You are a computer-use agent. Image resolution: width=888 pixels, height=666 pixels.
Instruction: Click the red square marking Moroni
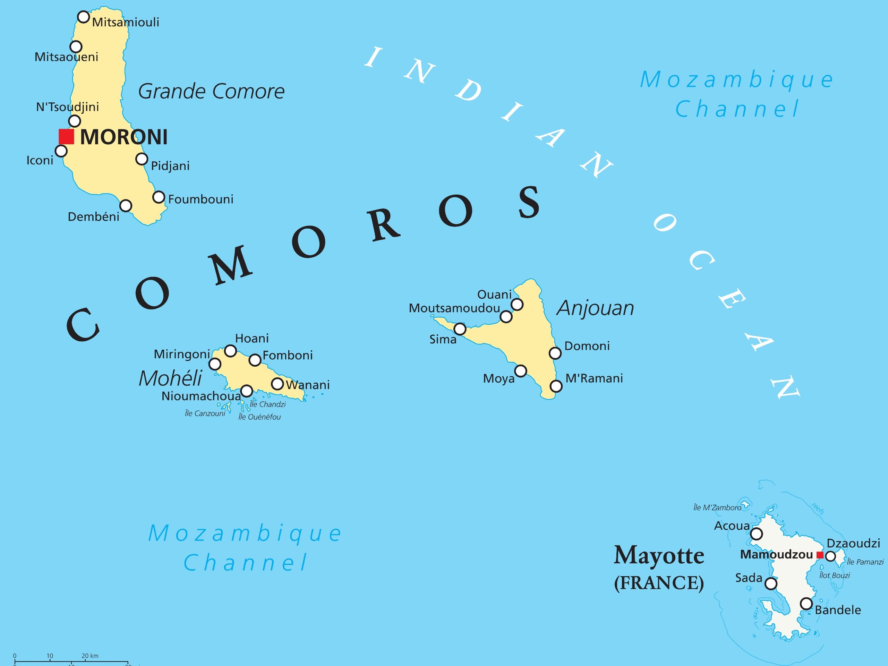66,136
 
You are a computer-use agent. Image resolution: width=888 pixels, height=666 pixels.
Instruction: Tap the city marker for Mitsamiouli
83,17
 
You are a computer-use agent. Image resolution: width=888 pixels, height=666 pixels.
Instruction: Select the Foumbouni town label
200,199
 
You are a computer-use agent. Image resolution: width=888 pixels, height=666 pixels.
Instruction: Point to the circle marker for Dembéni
126,206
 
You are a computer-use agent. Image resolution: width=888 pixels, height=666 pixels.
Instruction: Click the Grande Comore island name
211,92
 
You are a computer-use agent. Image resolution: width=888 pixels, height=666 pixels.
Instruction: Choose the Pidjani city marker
141,159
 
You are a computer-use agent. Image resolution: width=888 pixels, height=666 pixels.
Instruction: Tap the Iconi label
40,161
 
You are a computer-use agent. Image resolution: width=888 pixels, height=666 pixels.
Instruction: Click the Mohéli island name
170,378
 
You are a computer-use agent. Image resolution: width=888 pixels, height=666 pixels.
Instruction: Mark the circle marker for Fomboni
255,360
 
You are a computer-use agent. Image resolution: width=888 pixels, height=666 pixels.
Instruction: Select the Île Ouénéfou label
259,417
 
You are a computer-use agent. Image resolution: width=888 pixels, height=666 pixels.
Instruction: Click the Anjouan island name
595,308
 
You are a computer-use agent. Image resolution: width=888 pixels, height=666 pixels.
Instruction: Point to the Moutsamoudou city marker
506,317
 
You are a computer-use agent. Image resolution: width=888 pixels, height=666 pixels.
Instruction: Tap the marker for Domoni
555,353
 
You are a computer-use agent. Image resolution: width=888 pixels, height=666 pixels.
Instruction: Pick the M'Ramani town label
594,378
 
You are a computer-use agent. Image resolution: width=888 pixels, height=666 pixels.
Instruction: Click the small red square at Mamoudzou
820,555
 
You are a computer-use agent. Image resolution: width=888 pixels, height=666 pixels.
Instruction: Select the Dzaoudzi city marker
830,556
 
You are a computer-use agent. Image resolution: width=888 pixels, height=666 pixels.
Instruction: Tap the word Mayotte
659,556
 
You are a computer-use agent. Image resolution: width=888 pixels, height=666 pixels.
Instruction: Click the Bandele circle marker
806,603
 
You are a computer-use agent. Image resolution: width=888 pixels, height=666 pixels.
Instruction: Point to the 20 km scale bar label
90,656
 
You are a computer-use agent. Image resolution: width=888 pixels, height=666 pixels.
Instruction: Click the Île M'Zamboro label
717,508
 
